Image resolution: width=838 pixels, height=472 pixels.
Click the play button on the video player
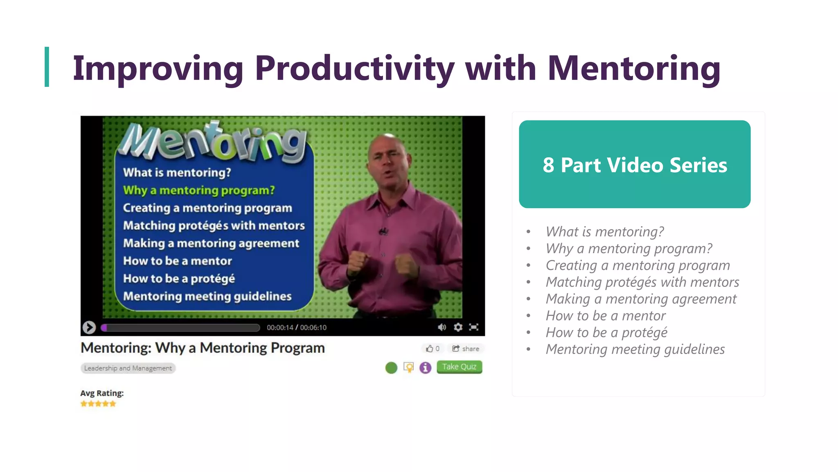(x=89, y=327)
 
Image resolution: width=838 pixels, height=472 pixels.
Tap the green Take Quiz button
(x=459, y=367)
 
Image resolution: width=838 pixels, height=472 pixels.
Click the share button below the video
(x=466, y=349)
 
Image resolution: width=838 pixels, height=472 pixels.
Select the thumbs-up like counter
(x=433, y=349)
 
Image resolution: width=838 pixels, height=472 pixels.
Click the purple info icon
(x=426, y=368)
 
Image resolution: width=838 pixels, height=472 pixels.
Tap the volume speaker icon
(x=442, y=327)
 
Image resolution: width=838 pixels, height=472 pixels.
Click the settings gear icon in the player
(x=458, y=327)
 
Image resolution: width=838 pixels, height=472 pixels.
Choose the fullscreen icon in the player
(x=474, y=327)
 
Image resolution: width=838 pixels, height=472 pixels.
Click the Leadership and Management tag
(x=128, y=368)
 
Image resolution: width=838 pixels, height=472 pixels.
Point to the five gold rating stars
(x=98, y=404)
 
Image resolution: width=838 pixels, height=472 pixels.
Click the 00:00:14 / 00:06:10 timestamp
(x=297, y=327)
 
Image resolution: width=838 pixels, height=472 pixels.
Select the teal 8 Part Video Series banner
(x=635, y=164)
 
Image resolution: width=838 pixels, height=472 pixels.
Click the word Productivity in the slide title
(x=354, y=68)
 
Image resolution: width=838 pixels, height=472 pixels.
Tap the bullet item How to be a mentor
(x=606, y=316)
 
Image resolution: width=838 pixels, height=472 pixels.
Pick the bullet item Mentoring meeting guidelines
(x=635, y=349)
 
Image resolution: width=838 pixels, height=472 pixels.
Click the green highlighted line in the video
(x=199, y=190)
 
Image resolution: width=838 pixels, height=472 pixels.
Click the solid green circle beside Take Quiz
(x=391, y=368)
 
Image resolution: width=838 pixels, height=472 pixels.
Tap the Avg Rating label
(x=102, y=393)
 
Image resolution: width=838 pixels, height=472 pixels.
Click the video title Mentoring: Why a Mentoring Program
(x=203, y=348)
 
